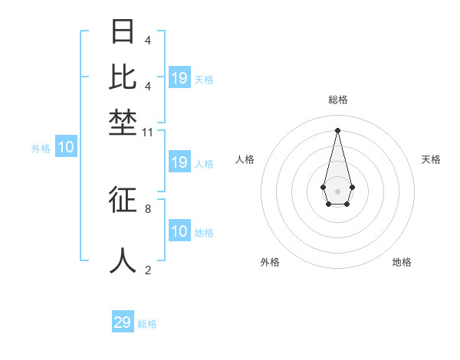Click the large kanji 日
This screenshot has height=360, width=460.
click(123, 32)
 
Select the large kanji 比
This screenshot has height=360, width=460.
click(123, 77)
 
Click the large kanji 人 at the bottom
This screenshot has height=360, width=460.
click(123, 260)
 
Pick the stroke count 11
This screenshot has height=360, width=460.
click(148, 133)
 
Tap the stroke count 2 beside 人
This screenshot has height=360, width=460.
click(148, 269)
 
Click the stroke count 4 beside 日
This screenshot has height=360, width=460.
click(148, 41)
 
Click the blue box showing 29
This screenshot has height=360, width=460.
click(123, 322)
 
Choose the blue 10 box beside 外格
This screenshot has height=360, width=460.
click(66, 148)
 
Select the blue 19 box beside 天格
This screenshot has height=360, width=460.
click(179, 78)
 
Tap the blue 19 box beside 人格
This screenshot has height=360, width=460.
click(179, 162)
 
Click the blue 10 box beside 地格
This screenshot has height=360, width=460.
click(179, 231)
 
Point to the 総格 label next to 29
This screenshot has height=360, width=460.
click(147, 324)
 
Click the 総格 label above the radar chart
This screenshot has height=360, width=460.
click(337, 100)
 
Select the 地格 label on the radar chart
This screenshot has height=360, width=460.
click(402, 262)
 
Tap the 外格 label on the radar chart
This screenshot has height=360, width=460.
click(270, 262)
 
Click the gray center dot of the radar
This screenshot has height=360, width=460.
click(337, 191)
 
